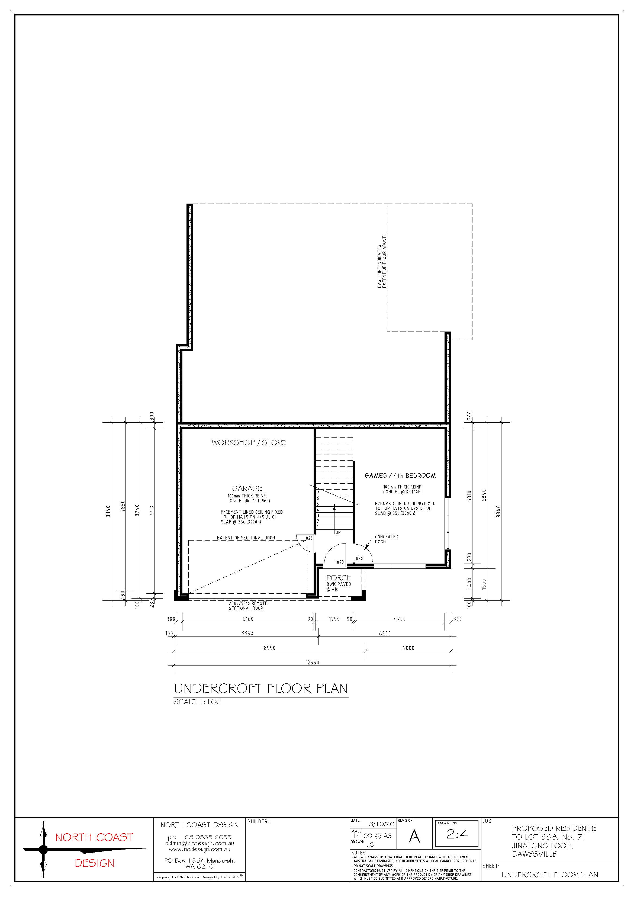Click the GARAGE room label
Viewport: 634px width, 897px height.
(247, 488)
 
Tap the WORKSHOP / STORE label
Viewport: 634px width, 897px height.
(249, 443)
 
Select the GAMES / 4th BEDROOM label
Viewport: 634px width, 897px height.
(400, 475)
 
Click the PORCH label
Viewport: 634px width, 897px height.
(339, 578)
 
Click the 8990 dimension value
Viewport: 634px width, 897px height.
(269, 648)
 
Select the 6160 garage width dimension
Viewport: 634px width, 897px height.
(248, 619)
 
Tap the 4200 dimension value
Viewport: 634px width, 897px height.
(400, 619)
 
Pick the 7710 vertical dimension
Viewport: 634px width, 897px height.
(152, 511)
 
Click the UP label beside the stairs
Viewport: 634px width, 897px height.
(338, 532)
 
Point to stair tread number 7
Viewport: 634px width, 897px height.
(318, 492)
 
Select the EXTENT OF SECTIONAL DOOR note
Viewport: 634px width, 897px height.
(246, 538)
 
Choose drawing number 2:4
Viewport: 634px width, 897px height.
(457, 834)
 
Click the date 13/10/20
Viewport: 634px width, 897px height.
(380, 824)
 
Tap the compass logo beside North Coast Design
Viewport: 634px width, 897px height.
(43, 849)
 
